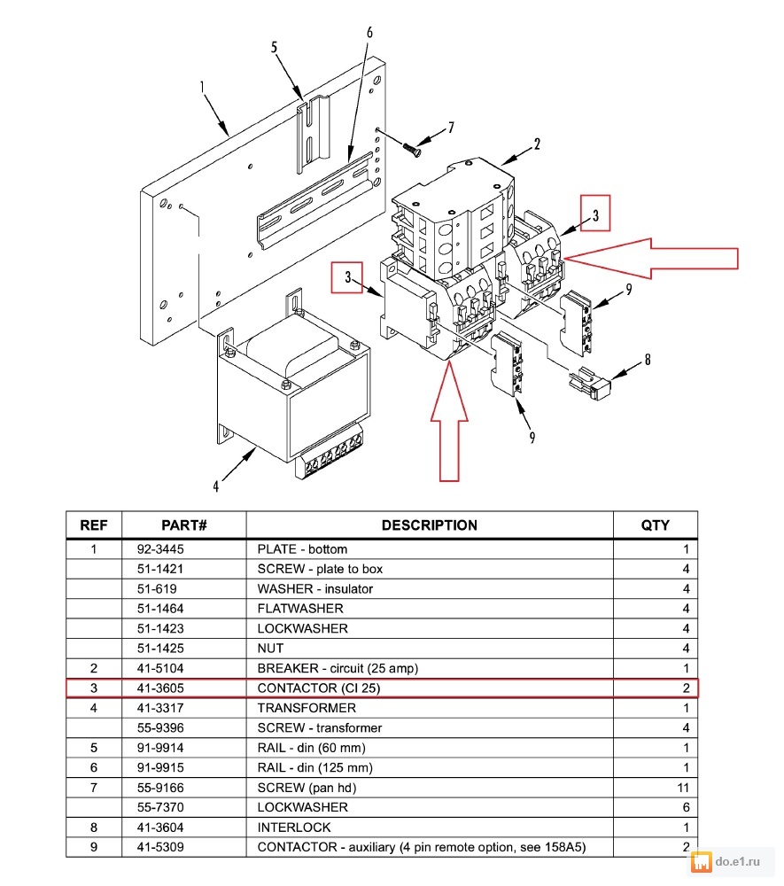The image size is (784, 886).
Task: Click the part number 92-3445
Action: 161,549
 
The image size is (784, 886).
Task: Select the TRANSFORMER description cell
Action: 307,708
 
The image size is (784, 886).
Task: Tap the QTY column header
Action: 656,525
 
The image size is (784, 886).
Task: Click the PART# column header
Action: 183,525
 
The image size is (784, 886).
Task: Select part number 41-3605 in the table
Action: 161,688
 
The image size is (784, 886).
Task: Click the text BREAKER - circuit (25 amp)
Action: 338,668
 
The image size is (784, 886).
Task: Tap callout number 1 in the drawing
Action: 202,87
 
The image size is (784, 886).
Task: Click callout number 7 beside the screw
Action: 451,128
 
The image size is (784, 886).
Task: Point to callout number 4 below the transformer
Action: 214,485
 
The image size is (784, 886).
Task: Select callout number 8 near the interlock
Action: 648,360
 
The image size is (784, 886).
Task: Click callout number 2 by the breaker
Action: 537,144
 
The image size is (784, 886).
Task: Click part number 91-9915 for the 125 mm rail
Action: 159,767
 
